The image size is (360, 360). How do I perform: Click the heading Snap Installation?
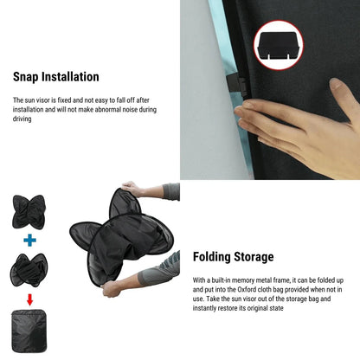coord(55,77)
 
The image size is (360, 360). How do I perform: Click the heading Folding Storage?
coord(232,256)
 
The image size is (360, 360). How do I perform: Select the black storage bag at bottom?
coord(29,331)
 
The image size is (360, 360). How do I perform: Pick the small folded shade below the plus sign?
coord(29,270)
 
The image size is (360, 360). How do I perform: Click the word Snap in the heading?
coord(28,77)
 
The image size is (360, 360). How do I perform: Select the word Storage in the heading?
coord(253,256)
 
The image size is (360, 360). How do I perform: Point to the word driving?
coord(23,119)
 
